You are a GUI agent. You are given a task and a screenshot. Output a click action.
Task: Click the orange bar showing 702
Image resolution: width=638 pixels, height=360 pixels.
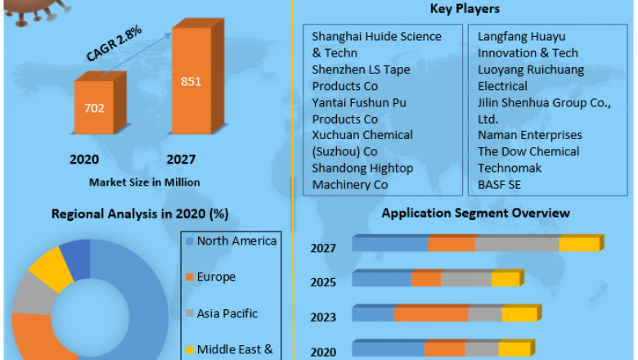(94, 106)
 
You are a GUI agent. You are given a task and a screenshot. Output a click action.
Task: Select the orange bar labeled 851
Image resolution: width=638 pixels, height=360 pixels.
(191, 82)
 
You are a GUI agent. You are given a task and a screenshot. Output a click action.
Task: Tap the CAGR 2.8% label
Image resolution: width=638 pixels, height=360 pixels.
(114, 43)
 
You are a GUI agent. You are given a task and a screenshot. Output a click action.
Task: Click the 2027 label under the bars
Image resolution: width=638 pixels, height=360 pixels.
(181, 159)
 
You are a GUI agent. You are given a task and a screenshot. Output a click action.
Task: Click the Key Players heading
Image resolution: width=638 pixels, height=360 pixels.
(465, 9)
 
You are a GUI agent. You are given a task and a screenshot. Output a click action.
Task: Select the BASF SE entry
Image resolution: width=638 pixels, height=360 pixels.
(500, 184)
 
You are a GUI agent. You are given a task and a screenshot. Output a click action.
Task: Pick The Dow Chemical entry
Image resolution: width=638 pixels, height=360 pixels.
(528, 151)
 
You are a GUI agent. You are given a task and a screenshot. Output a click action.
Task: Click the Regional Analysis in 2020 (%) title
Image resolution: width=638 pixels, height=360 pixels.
(140, 214)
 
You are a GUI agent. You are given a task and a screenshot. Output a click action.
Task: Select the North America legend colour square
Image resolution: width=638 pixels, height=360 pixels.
(190, 241)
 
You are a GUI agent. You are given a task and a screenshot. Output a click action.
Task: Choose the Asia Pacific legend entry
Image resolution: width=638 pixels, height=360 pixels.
(227, 313)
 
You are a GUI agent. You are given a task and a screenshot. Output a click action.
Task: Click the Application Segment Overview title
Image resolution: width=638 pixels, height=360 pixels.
(476, 213)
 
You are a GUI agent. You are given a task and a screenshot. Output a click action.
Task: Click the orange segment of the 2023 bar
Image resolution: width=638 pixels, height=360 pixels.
(430, 314)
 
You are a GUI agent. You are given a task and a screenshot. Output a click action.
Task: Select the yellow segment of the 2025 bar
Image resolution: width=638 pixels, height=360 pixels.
(505, 280)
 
